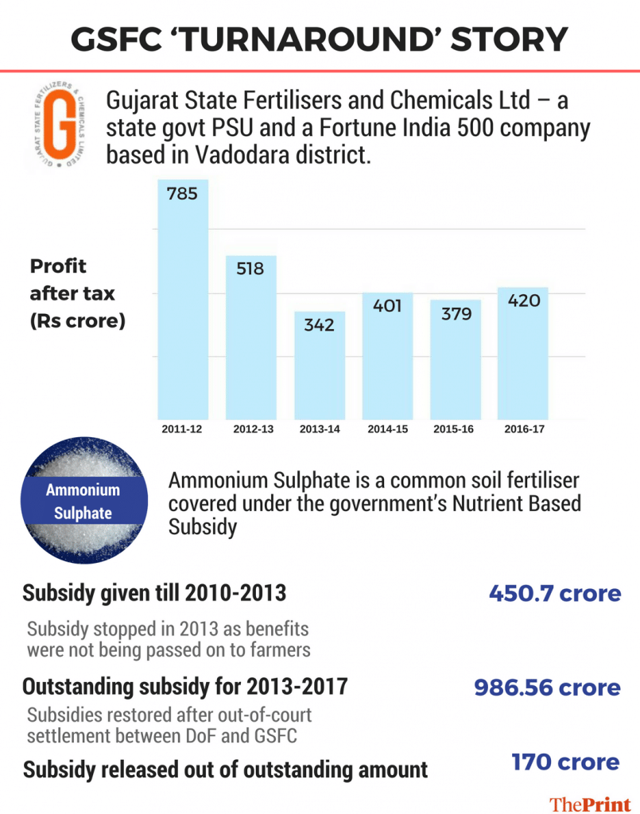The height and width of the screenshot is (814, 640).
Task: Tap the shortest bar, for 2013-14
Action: click(318, 366)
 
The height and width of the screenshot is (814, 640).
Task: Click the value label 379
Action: click(455, 313)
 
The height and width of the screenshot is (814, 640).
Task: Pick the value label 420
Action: click(522, 300)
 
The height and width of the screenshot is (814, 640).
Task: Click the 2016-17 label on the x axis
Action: click(523, 429)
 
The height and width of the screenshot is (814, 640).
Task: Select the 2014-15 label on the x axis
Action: click(387, 429)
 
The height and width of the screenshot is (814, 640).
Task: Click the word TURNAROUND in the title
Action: click(319, 37)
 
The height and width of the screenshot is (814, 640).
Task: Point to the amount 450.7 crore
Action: click(554, 594)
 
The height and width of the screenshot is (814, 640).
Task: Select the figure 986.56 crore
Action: click(547, 687)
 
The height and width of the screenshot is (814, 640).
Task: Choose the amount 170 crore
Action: click(565, 762)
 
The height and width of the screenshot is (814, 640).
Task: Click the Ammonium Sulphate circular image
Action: click(83, 502)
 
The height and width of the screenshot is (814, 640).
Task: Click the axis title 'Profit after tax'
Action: click(72, 280)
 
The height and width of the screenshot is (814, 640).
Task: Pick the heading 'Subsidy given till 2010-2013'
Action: click(154, 594)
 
